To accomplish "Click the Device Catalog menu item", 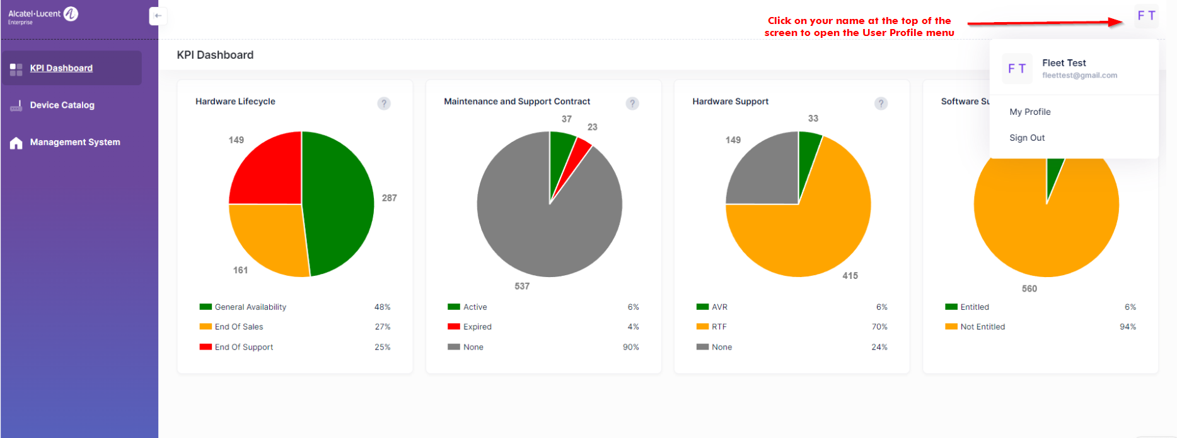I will [x=62, y=105].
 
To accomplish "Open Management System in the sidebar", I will [x=74, y=142].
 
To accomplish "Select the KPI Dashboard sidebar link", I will [x=61, y=68].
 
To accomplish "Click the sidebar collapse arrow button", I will [x=158, y=16].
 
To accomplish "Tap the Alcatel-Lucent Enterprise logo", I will [x=43, y=15].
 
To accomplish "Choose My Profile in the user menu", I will [x=1029, y=112].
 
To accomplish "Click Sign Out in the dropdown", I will [x=1026, y=138].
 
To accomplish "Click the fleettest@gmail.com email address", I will [x=1079, y=75].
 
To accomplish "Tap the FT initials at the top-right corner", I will [x=1145, y=16].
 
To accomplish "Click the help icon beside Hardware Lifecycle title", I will [x=383, y=104].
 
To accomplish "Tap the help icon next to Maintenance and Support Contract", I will [x=632, y=104].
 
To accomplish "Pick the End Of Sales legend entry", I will [x=238, y=327].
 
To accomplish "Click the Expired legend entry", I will [x=477, y=327].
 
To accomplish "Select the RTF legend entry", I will [x=719, y=327].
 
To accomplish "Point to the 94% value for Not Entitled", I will [x=1127, y=327].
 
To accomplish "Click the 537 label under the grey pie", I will [x=521, y=286].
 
